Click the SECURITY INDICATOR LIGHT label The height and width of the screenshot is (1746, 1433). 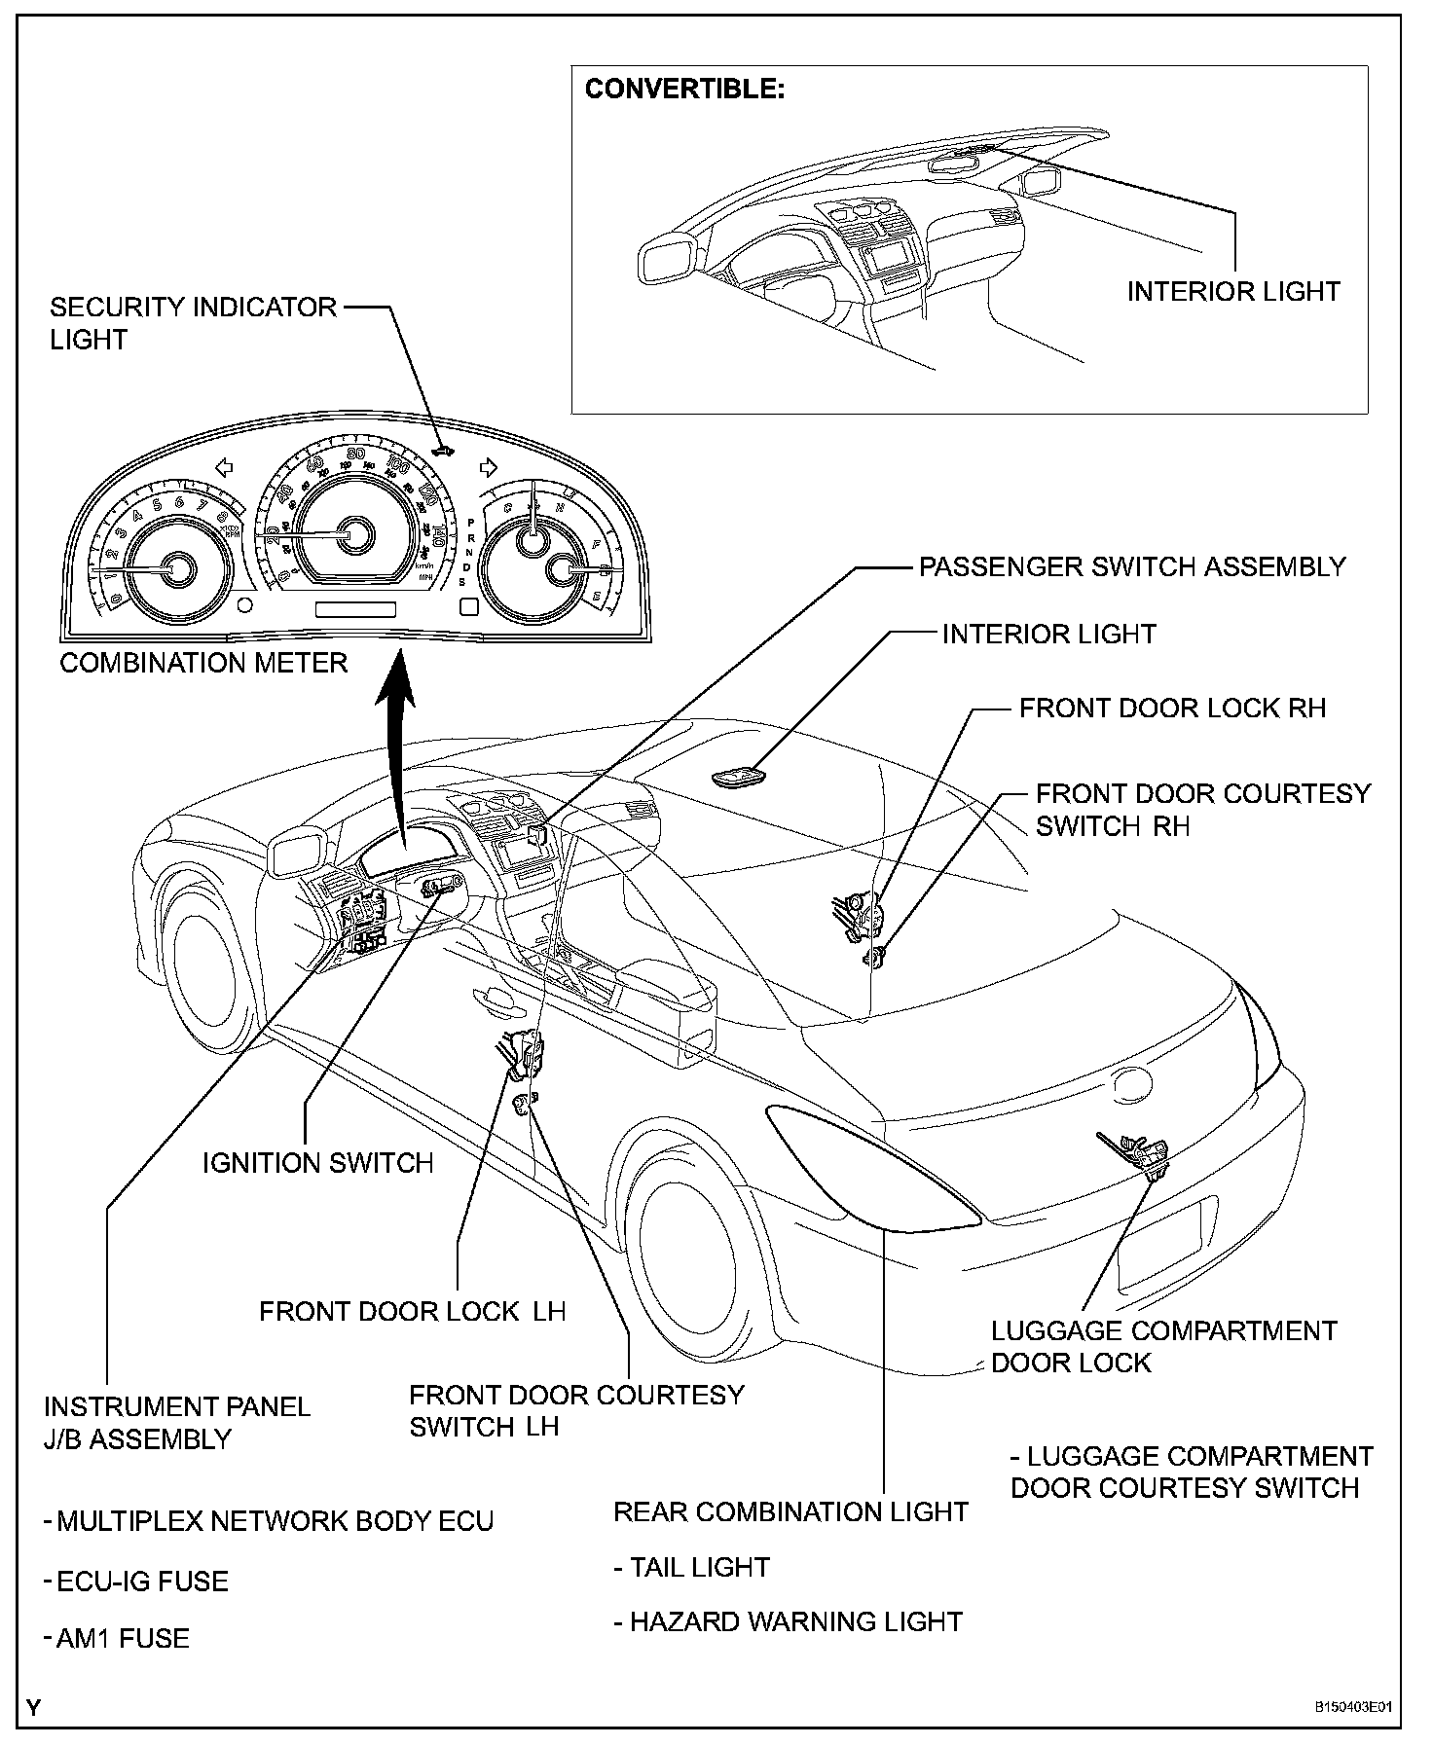pyautogui.click(x=193, y=323)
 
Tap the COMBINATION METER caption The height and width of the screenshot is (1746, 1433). pyautogui.click(x=203, y=663)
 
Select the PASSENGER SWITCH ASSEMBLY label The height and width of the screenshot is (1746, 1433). pyautogui.click(x=1132, y=566)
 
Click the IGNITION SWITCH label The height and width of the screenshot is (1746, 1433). pyautogui.click(x=317, y=1162)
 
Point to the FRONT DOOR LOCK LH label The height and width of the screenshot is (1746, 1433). pyautogui.click(x=412, y=1311)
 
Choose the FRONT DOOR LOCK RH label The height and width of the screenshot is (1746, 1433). pyautogui.click(x=1172, y=708)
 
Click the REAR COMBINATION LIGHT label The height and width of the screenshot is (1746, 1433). pyautogui.click(x=790, y=1511)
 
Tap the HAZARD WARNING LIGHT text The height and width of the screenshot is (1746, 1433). pyautogui.click(x=789, y=1621)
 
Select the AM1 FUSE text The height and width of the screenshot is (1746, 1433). pyautogui.click(x=118, y=1638)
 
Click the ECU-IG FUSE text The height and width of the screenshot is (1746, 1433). pyautogui.click(x=137, y=1582)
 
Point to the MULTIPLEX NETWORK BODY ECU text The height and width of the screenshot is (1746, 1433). pyautogui.click(x=270, y=1521)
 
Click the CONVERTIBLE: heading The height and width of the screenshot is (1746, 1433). pyautogui.click(x=684, y=90)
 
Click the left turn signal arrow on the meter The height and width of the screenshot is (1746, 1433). pyautogui.click(x=224, y=468)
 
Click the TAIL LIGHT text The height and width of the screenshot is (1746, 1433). pyautogui.click(x=692, y=1567)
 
